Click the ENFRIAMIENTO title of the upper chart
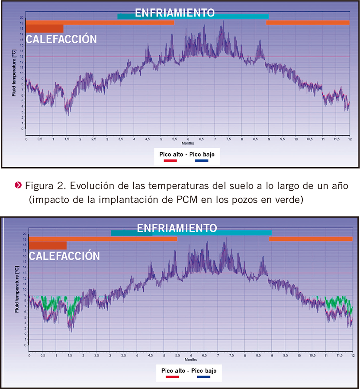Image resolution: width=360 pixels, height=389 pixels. coord(174,13)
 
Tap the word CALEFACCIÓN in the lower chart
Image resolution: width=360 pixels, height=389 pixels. coord(64,256)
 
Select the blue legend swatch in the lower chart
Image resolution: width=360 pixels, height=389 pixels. coord(203,377)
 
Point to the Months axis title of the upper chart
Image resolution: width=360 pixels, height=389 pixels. coord(188,143)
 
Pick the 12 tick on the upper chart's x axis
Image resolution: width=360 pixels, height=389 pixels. coord(349,139)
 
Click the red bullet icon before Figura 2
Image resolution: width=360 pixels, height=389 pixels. coord(17,186)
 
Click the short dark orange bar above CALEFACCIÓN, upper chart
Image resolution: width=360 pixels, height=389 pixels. coord(45,29)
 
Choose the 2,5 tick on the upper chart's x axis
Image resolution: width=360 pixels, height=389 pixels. coord(93,139)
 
